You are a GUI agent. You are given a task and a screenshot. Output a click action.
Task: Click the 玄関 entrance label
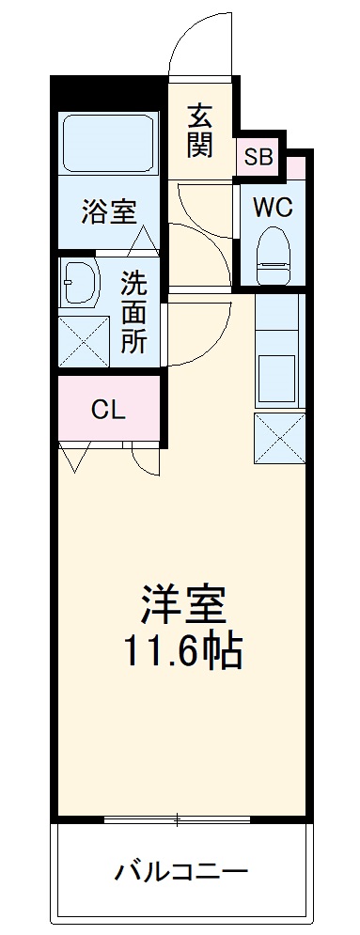(199, 130)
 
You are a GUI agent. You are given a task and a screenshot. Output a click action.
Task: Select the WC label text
(273, 207)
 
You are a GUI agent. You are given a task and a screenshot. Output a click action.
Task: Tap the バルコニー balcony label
(182, 870)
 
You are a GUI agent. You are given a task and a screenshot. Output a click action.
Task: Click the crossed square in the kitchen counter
(278, 436)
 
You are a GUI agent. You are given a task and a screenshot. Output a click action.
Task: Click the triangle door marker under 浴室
(144, 240)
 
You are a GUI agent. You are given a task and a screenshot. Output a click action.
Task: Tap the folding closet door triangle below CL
(74, 459)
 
